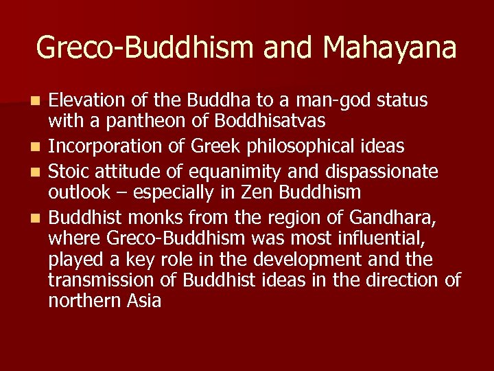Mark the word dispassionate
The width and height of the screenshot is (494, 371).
pos(388,169)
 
